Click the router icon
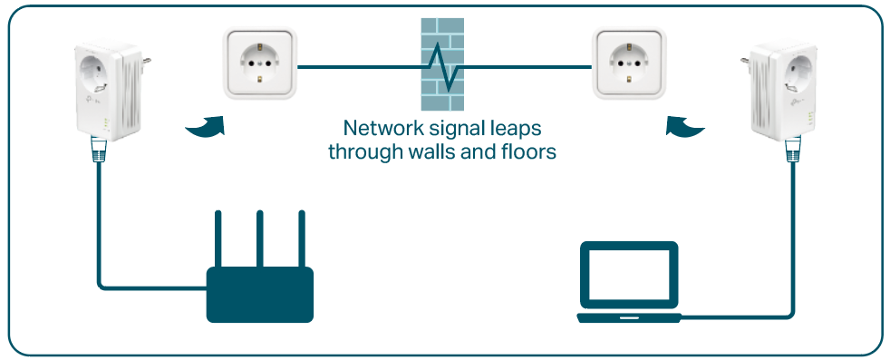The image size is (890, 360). (260, 293)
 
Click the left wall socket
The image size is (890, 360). (261, 63)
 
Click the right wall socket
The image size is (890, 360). (629, 63)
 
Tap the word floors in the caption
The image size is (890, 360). (525, 151)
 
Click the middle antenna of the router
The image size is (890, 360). (260, 237)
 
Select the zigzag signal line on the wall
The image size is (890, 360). (443, 65)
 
